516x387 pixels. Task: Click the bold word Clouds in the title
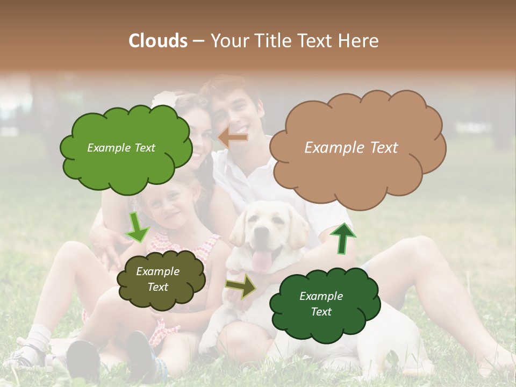pyautogui.click(x=158, y=41)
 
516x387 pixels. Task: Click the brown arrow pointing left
pyautogui.click(x=233, y=138)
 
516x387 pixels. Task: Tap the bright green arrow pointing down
pyautogui.click(x=138, y=227)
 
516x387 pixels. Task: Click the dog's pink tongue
pyautogui.click(x=262, y=262)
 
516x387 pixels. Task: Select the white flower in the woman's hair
pyautogui.click(x=164, y=99)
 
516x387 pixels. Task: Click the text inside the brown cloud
pyautogui.click(x=351, y=148)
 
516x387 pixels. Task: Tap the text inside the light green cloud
pyautogui.click(x=121, y=148)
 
